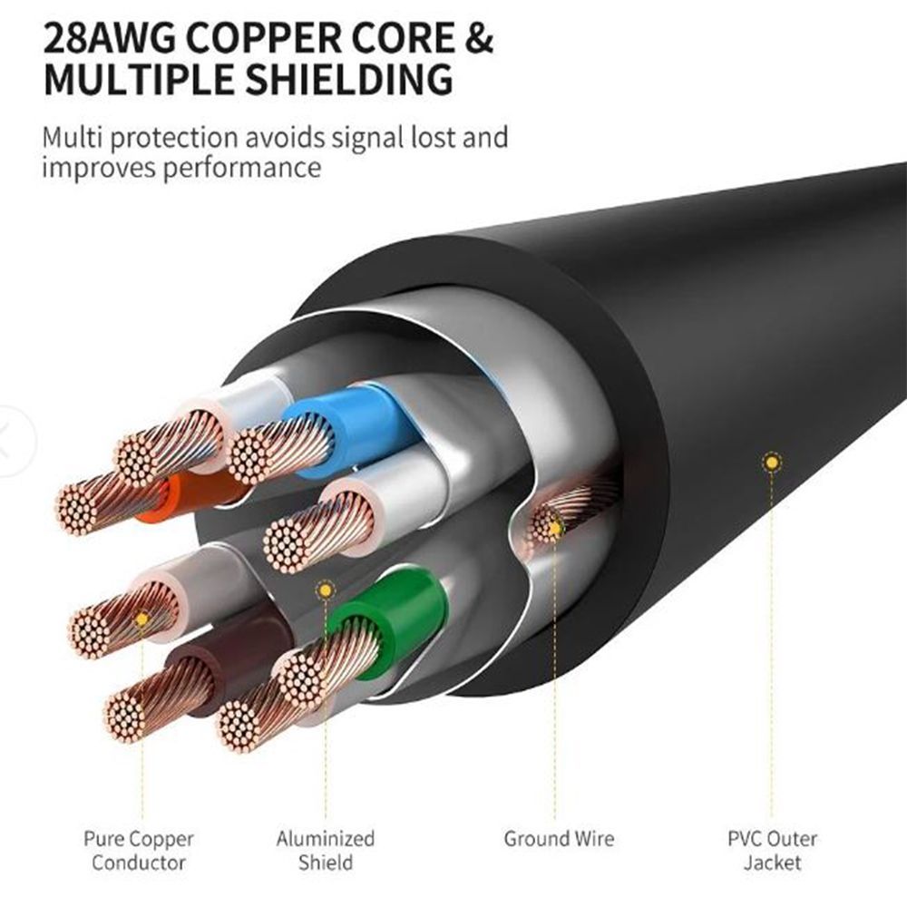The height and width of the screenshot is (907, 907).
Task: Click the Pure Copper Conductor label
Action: tap(139, 850)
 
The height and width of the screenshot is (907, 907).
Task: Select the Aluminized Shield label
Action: tap(325, 850)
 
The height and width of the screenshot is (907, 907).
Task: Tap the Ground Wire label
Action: tap(559, 839)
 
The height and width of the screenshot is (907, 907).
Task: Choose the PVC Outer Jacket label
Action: tap(772, 850)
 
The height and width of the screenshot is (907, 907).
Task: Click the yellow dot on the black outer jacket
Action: tap(771, 463)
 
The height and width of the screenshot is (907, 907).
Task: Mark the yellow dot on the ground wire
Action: tap(555, 523)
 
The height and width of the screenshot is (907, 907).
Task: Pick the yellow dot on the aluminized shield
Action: tap(324, 590)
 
